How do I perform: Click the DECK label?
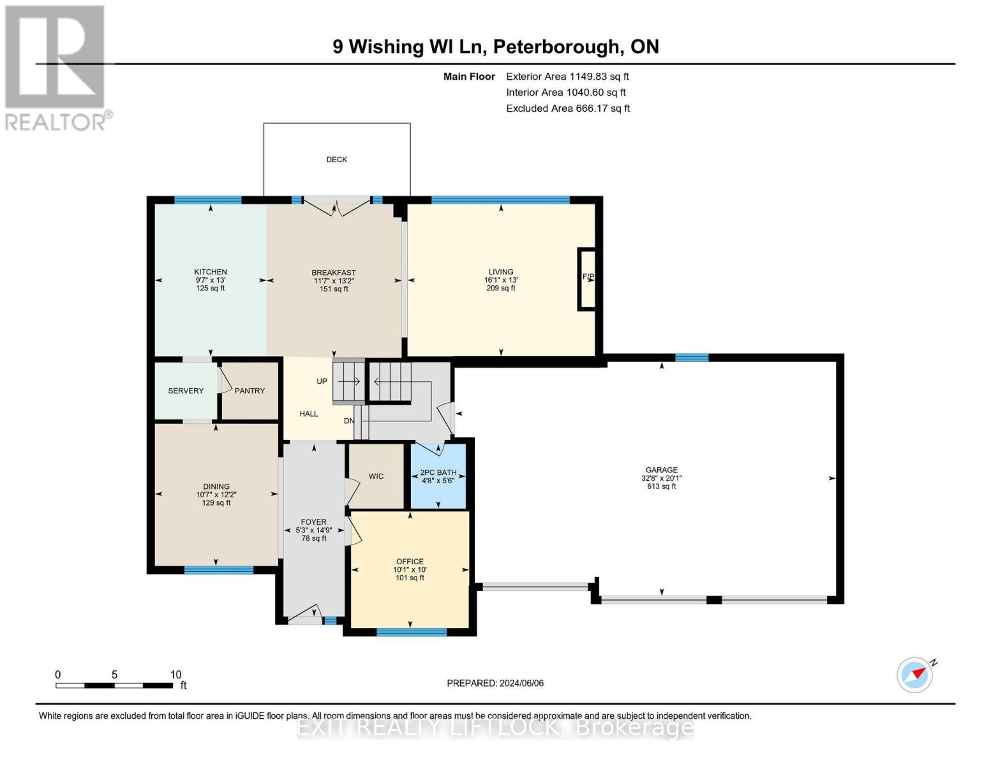[x=336, y=160]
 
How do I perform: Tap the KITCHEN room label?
[x=211, y=272]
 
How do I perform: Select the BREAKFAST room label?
[x=333, y=273]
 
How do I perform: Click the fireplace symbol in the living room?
[x=586, y=278]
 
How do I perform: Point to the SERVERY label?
[x=186, y=391]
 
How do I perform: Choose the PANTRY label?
[x=250, y=391]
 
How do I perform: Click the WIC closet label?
[x=376, y=476]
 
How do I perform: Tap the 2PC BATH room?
[x=438, y=476]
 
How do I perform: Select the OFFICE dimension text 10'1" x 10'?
[x=410, y=570]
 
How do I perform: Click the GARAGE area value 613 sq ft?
[x=661, y=486]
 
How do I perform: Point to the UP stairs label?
[x=322, y=381]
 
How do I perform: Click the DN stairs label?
[x=349, y=421]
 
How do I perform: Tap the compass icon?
[x=914, y=675]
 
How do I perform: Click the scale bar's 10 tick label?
[x=175, y=675]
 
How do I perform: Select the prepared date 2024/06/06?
[x=521, y=683]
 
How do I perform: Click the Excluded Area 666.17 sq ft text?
[x=567, y=109]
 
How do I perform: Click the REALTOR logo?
[x=56, y=68]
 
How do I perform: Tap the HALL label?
[x=309, y=414]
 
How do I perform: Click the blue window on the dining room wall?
[x=218, y=570]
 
